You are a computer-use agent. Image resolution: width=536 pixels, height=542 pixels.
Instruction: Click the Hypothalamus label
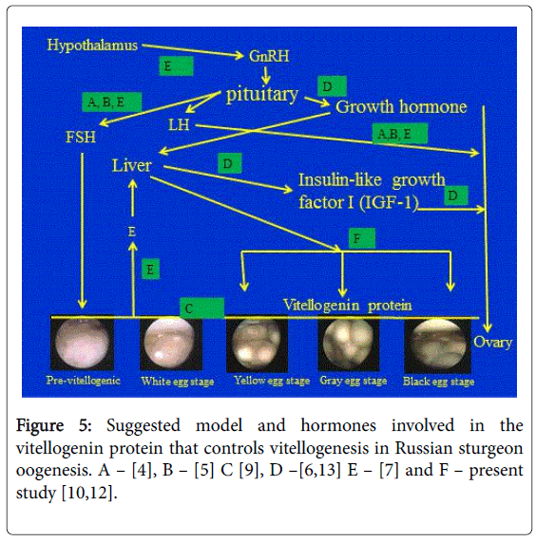point(92,46)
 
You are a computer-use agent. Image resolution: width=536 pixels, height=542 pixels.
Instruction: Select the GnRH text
point(269,56)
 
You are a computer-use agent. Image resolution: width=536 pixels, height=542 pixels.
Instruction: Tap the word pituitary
point(262,94)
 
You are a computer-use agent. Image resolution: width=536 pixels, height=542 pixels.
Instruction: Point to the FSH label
point(81,137)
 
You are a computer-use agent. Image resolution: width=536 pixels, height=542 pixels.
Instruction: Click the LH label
point(179,124)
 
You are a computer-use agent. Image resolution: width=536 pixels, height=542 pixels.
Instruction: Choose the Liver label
point(131,165)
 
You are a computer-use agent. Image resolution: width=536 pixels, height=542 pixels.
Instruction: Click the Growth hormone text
point(401,106)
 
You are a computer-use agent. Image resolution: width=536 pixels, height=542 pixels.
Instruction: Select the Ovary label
point(492,343)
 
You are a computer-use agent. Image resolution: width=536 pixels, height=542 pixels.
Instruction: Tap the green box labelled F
point(361,238)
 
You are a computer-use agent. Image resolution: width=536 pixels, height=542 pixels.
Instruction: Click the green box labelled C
point(202,308)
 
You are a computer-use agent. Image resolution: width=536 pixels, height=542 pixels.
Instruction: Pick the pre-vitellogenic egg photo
point(82,344)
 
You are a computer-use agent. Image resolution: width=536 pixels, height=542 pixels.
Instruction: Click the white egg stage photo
point(171,344)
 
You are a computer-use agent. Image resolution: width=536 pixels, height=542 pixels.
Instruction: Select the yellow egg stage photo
point(257,345)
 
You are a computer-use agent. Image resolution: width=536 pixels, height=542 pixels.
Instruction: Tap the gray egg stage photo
point(349,345)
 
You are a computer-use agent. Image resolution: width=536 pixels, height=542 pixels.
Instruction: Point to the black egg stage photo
point(438,345)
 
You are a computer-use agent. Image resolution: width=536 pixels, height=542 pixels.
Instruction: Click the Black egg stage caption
point(438,382)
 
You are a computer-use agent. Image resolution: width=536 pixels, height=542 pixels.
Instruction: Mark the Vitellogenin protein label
point(348,306)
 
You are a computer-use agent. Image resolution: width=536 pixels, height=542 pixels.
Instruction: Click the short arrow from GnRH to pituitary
point(266,75)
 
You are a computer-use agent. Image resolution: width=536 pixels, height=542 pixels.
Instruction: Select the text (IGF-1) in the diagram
point(389,202)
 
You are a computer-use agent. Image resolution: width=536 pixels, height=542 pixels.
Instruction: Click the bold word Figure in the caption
point(40,425)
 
